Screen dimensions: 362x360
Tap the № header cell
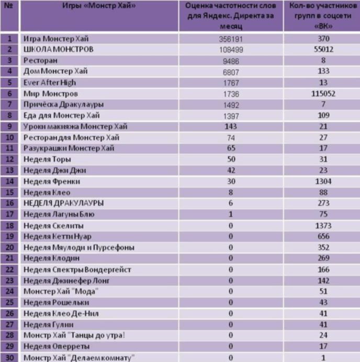click(9, 6)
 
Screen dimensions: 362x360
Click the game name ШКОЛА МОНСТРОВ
click(58, 49)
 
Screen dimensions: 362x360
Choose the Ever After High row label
click(50, 82)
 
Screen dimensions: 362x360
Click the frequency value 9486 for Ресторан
click(230, 60)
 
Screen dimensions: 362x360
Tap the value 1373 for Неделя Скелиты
click(322, 225)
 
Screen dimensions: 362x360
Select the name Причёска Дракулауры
click(58, 104)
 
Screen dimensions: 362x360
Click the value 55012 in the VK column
click(322, 49)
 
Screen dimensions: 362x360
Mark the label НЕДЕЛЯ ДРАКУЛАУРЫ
click(63, 203)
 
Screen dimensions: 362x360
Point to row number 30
click(9, 357)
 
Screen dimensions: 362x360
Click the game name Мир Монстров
click(51, 93)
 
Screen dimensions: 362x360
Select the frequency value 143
click(230, 126)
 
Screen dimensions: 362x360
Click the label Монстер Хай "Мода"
click(61, 291)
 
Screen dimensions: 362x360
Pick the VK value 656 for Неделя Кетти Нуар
click(322, 236)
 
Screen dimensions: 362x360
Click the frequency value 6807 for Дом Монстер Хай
click(230, 71)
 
